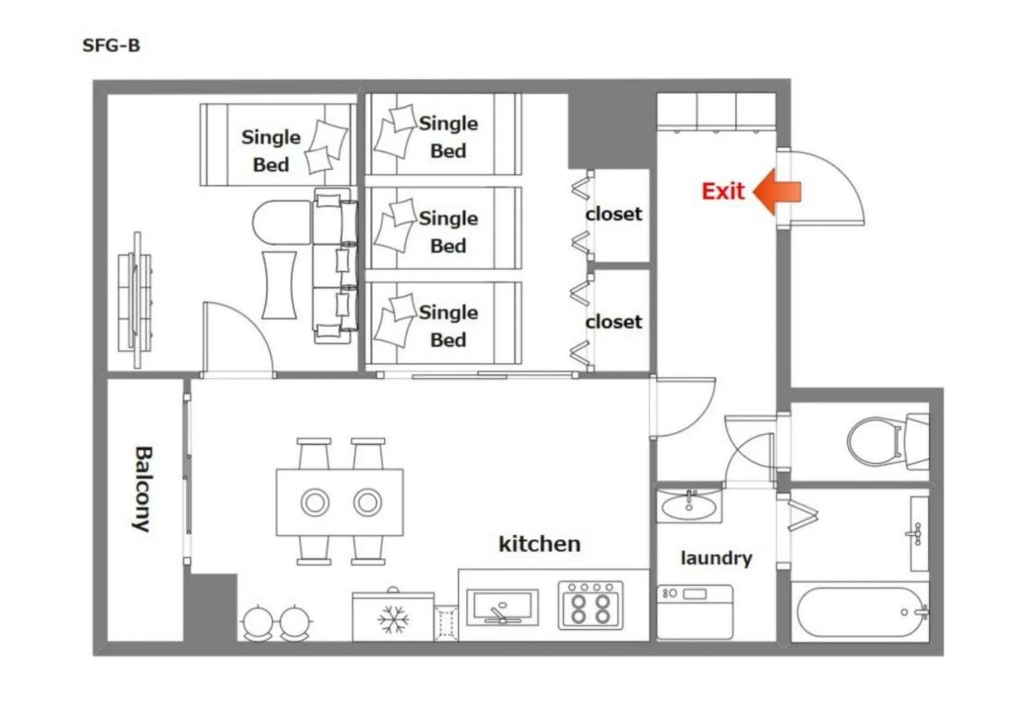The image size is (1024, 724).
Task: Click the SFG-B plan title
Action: [111, 45]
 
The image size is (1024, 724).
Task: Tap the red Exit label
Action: [723, 191]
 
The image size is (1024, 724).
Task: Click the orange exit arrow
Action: [777, 192]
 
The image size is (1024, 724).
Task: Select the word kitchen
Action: [539, 544]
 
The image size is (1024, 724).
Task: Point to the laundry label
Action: [717, 558]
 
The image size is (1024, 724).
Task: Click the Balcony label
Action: [144, 489]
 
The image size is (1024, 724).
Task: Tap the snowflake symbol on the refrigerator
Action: [393, 619]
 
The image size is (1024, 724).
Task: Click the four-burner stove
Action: [591, 605]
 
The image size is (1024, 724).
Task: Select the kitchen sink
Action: [503, 607]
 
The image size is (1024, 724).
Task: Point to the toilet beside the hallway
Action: [888, 441]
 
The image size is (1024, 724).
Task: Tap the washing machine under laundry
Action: [695, 612]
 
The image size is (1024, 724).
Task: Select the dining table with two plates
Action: [340, 502]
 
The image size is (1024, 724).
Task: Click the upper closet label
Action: [613, 214]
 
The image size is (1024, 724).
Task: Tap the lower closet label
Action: [613, 322]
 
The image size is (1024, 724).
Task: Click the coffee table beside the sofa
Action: [279, 284]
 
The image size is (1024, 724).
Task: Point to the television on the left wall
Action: [135, 300]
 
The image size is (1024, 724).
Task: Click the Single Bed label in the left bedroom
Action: [271, 151]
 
